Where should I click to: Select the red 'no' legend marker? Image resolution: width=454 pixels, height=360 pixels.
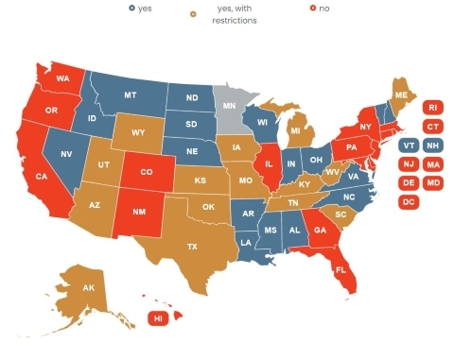tap(313, 9)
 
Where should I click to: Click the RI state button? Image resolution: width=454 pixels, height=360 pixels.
tap(433, 108)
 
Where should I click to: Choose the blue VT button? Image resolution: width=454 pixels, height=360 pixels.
tap(409, 146)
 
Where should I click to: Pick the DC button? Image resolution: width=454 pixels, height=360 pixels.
tap(409, 202)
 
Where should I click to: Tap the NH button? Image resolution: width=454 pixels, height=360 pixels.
tap(433, 146)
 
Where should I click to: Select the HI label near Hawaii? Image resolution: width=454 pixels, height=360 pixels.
tap(158, 319)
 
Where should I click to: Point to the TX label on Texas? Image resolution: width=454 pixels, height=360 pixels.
tap(192, 247)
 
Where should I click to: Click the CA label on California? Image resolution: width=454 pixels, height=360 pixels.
tap(42, 177)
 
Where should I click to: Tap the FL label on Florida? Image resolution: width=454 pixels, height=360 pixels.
tap(340, 270)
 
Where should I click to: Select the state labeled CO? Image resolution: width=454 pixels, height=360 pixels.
tap(147, 173)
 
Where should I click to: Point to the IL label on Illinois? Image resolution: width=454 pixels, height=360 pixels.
tap(270, 163)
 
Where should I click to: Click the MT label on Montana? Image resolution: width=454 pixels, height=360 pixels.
tap(130, 95)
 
